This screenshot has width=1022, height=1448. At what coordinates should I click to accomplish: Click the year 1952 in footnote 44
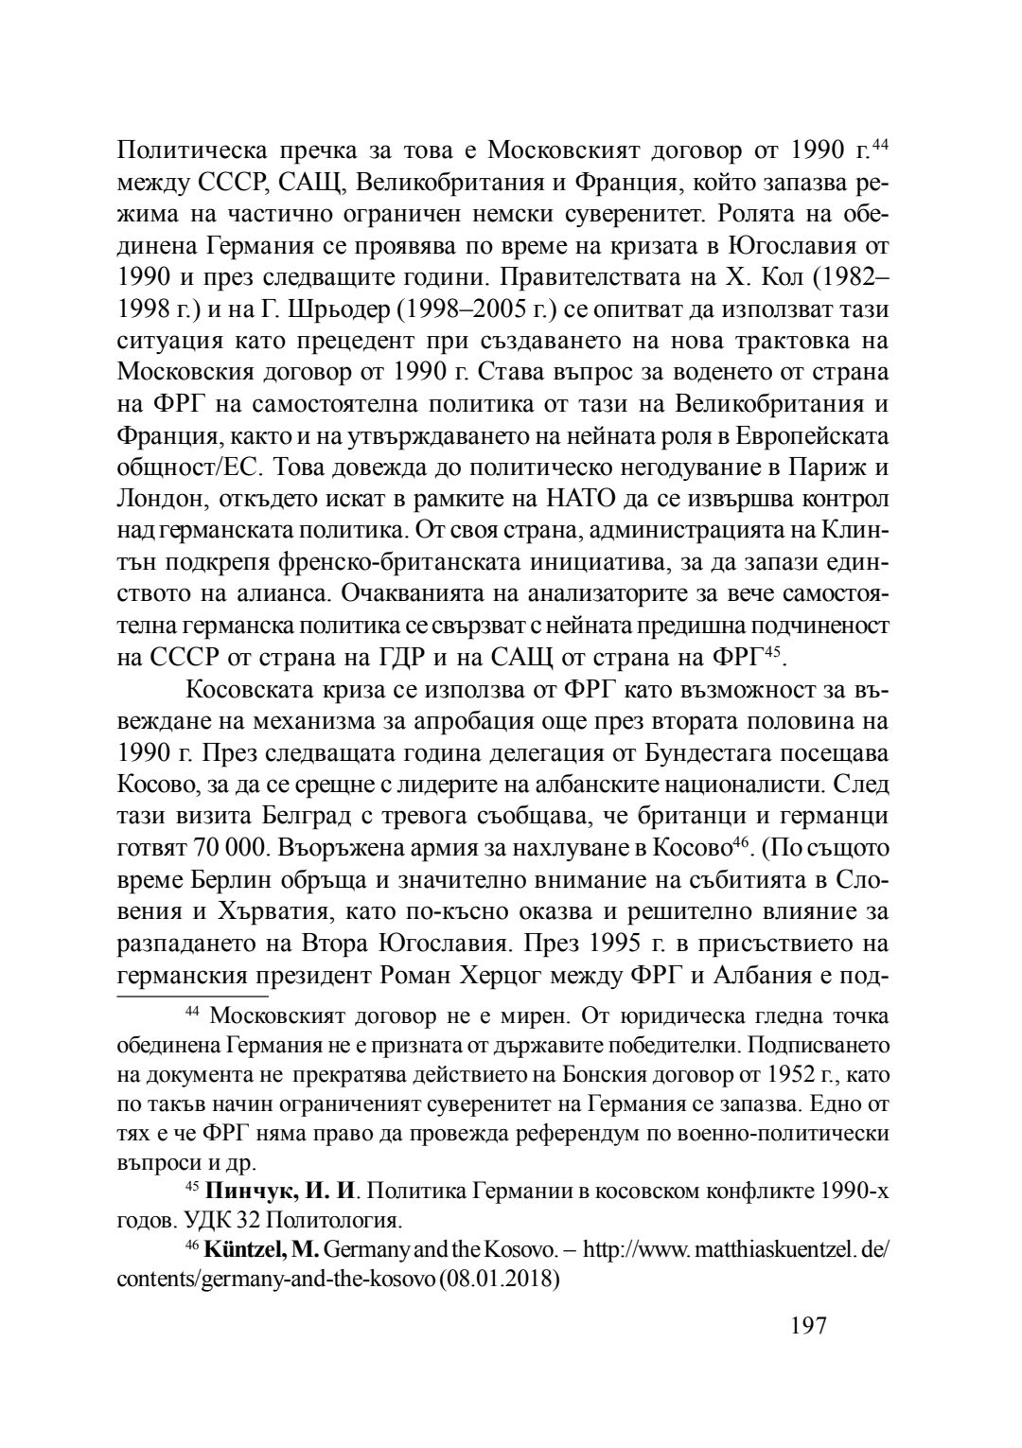(782, 1075)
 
